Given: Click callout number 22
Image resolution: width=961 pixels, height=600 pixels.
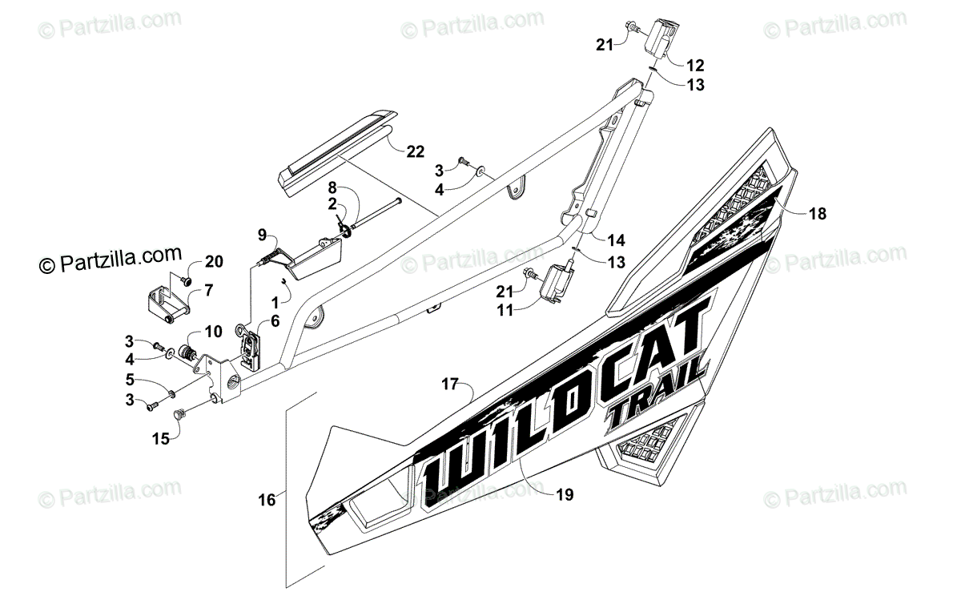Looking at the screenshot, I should [415, 151].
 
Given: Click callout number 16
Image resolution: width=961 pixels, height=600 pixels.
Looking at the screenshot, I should [267, 500].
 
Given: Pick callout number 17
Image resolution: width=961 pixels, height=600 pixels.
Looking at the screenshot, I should [449, 385].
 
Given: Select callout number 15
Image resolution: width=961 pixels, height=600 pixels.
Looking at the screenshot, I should [161, 438].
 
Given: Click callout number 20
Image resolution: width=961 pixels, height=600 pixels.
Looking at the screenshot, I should [214, 261].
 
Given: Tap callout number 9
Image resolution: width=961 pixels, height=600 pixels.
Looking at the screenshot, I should [262, 235].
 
